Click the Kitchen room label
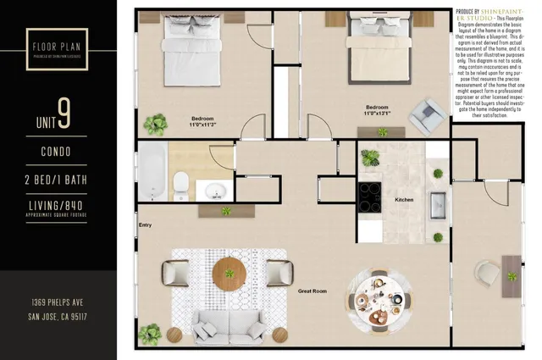(x=404, y=201)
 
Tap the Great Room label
(x=313, y=291)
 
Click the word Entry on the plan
(x=145, y=224)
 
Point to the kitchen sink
(x=438, y=206)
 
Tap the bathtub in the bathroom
(x=152, y=172)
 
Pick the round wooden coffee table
(x=229, y=273)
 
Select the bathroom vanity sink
(x=213, y=188)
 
